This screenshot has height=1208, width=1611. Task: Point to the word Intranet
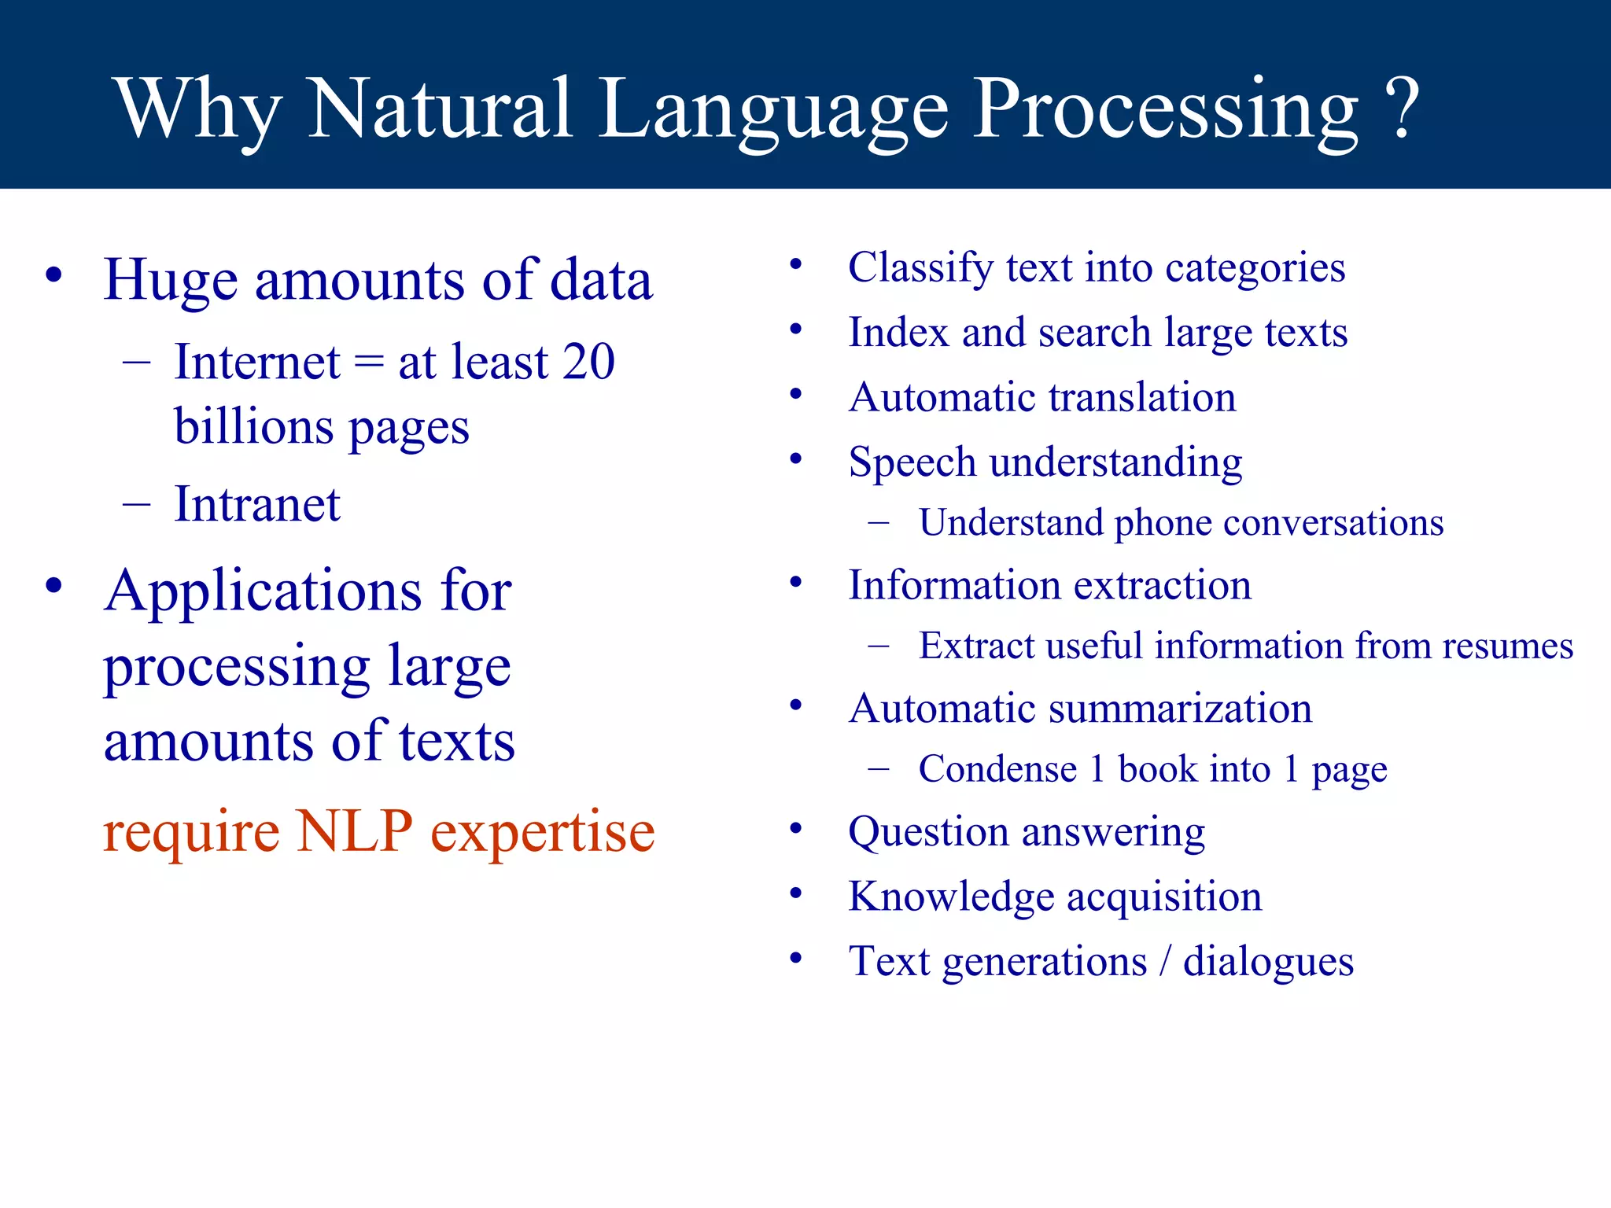coord(257,504)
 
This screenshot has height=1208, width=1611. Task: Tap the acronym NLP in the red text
coord(354,831)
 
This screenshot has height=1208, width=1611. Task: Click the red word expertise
coord(543,833)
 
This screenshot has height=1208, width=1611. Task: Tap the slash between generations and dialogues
coord(1165,962)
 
